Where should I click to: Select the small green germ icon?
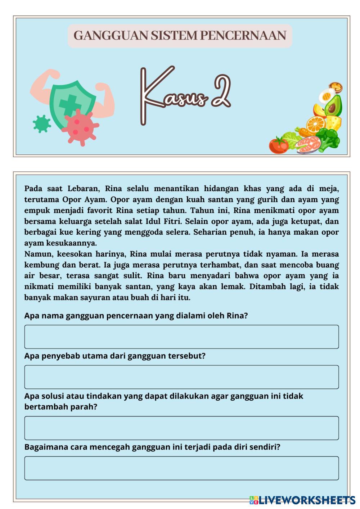(42, 123)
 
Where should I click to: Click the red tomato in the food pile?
(278, 145)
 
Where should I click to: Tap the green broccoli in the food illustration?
(328, 139)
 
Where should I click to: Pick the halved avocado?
(333, 106)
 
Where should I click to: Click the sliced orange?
(315, 124)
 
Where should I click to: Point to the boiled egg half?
(327, 96)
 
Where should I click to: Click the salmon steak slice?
(308, 144)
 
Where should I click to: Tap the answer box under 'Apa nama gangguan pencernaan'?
(181, 337)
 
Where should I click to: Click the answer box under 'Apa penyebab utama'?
(181, 377)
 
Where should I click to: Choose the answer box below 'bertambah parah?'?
(181, 428)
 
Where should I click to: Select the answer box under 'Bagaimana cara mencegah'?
(181, 468)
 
